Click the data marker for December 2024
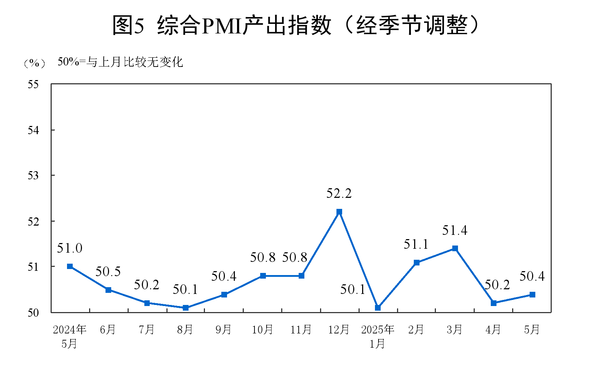[339, 212]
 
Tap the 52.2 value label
[339, 194]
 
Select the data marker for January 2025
[378, 308]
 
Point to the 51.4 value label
[455, 231]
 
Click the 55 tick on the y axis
[33, 85]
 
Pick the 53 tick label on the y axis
[33, 176]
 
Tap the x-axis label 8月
[185, 330]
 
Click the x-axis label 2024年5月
[70, 336]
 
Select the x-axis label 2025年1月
[377, 336]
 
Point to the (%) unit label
[34, 63]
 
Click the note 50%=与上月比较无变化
[120, 62]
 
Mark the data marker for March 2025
[455, 248]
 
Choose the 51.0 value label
[70, 248]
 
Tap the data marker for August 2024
[186, 308]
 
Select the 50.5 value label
[108, 272]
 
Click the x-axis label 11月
[301, 330]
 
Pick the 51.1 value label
[416, 244]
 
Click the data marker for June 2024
[108, 290]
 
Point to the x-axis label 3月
[454, 330]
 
